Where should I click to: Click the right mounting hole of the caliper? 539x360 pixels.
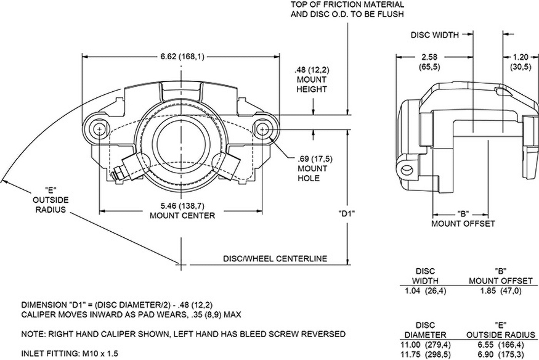click(x=263, y=129)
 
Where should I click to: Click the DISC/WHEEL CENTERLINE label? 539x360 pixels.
click(x=275, y=258)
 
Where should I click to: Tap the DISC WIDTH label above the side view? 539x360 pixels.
click(x=435, y=35)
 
